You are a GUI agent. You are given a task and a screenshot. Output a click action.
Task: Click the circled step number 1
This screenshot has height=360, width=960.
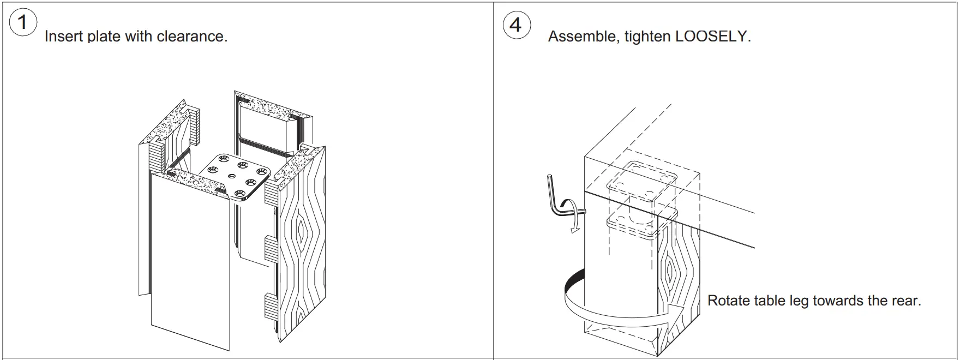click(22, 23)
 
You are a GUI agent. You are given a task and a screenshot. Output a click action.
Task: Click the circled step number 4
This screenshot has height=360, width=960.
click(515, 25)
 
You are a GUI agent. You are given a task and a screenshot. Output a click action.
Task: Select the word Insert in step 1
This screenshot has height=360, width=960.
click(63, 37)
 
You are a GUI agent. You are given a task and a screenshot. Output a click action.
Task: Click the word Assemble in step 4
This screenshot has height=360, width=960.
click(582, 37)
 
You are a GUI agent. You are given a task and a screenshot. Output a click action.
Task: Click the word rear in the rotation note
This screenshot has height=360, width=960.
click(905, 301)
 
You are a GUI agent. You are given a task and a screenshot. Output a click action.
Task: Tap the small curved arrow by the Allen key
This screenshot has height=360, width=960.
click(574, 215)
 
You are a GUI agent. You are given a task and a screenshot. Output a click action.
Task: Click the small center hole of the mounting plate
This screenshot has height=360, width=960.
click(232, 176)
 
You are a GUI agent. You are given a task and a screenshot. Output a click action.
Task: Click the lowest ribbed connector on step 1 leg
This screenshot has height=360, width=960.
click(271, 306)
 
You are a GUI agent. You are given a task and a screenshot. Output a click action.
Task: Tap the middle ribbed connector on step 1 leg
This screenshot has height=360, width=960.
click(271, 248)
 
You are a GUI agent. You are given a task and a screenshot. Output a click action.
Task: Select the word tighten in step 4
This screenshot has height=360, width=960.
click(647, 37)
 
